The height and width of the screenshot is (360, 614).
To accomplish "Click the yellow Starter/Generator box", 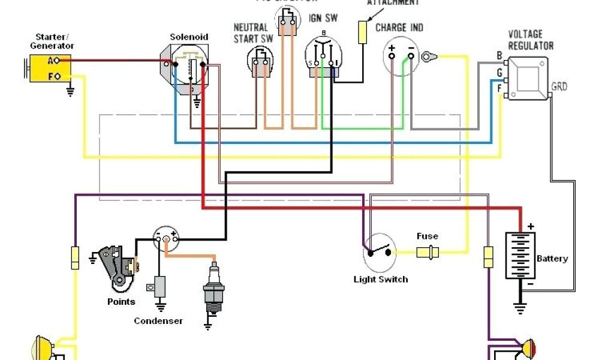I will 50,68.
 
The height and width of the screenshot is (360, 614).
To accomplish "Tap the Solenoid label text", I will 189,37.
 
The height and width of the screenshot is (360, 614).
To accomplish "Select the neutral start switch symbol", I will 260,61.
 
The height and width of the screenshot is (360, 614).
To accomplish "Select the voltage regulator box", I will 528,78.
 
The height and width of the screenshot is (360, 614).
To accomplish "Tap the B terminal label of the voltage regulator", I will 499,56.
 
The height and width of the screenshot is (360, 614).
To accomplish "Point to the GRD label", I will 559,87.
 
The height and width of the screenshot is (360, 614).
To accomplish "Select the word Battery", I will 552,259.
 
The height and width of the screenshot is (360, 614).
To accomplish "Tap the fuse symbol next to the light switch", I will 428,251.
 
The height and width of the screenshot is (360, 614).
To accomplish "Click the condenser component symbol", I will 160,286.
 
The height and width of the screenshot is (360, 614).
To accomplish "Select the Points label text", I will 121,302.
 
